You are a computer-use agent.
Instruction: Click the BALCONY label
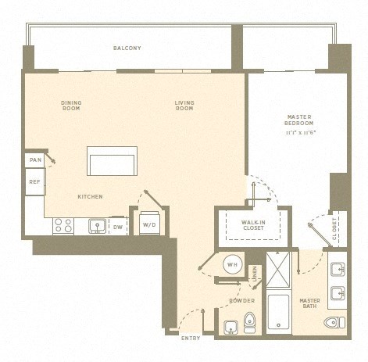point(127,48)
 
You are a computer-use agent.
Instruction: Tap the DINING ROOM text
point(72,105)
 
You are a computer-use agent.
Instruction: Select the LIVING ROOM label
point(184,105)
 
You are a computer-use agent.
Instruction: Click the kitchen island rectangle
point(113,161)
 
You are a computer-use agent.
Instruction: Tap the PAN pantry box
point(34,159)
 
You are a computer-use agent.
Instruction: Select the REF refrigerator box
point(34,181)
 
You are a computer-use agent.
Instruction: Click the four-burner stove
point(63,226)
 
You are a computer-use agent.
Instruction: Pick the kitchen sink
point(97,226)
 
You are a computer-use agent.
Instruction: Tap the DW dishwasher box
point(118,227)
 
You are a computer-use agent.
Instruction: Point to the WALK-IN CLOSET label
point(252,226)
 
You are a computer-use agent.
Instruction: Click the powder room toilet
point(250,322)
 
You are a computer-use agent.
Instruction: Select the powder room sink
point(230,326)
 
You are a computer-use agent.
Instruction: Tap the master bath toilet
point(334,322)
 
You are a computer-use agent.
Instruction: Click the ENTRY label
point(190,338)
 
